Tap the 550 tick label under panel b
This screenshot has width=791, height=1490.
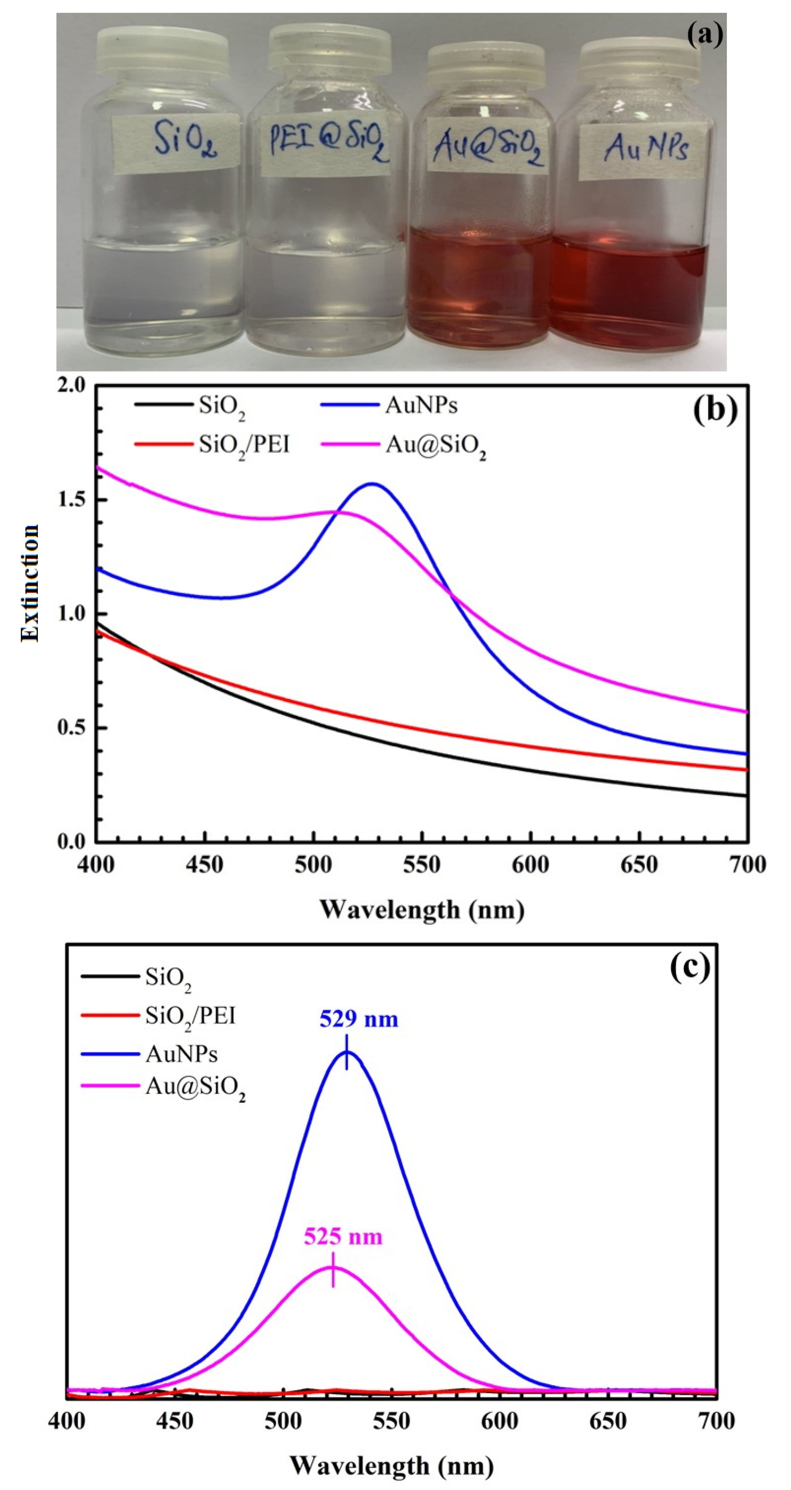click(x=422, y=865)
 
